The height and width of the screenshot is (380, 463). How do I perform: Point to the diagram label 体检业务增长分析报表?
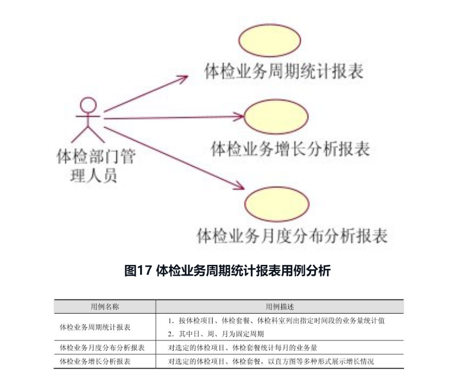[290, 149]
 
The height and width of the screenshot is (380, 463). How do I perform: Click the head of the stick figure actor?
[89, 105]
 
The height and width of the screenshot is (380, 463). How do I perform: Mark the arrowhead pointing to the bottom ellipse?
[238, 187]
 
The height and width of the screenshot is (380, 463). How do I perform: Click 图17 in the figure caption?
[137, 271]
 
